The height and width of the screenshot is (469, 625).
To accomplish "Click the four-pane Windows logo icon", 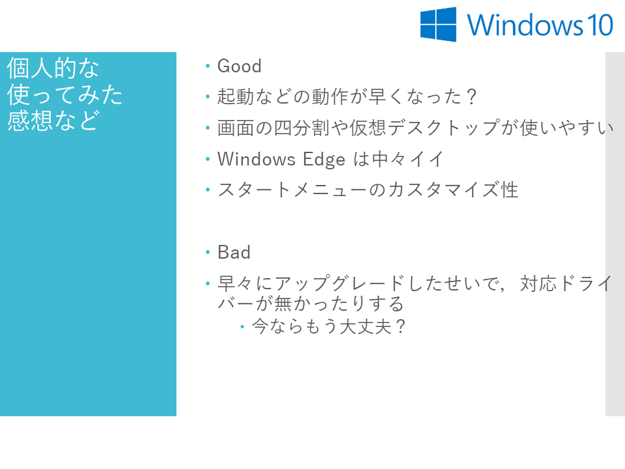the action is [x=438, y=24].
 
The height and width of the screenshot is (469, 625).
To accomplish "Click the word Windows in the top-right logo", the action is [x=525, y=25].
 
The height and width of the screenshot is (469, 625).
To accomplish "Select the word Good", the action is [x=239, y=66].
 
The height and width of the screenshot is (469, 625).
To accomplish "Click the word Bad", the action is [x=234, y=253].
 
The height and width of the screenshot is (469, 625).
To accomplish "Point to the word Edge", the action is [x=324, y=160].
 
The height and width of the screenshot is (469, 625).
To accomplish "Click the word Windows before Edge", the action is [x=257, y=159].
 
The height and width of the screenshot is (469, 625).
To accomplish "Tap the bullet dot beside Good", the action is [x=208, y=66].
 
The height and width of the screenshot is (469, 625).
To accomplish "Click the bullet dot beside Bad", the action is [x=208, y=252].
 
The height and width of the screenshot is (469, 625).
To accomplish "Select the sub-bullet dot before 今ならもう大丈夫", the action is [x=242, y=326].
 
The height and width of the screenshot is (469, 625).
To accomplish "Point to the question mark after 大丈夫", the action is [x=400, y=326].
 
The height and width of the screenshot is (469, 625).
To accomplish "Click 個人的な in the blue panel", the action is [x=53, y=68].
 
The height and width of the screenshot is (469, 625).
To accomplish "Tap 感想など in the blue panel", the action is [x=53, y=121].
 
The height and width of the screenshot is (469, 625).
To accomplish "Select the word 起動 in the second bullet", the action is [x=236, y=97].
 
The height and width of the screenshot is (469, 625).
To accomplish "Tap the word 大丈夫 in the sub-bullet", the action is [x=365, y=326].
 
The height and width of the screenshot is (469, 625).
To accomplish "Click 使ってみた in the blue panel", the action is [x=64, y=94].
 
